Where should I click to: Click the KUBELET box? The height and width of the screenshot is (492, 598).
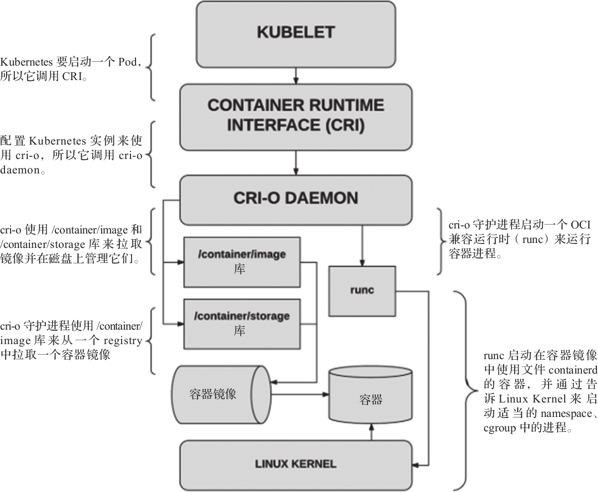click(296, 33)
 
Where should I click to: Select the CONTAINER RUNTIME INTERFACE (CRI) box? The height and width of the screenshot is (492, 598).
click(296, 115)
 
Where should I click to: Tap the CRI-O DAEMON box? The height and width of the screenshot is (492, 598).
click(296, 198)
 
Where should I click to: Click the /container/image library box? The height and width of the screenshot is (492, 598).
click(242, 262)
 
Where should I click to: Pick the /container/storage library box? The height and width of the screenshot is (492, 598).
click(242, 323)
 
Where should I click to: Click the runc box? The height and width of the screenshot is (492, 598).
click(362, 290)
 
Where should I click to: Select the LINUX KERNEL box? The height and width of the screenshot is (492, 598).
click(296, 464)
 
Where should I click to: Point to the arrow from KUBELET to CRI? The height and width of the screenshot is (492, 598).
click(296, 76)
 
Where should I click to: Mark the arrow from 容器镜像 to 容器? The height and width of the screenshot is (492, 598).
click(300, 395)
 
